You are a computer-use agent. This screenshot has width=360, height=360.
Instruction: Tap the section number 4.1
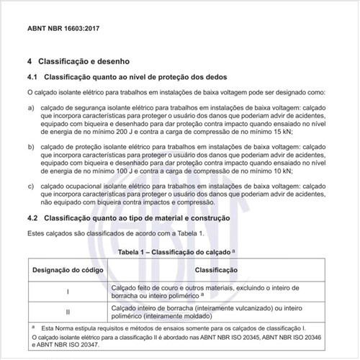click(x=32, y=76)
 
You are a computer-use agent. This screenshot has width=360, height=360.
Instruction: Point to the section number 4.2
click(x=32, y=218)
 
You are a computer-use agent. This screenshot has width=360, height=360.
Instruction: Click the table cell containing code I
click(x=67, y=292)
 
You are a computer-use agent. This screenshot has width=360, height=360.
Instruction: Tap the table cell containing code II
click(x=67, y=312)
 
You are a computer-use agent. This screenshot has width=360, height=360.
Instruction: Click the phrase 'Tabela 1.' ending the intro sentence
click(x=189, y=235)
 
